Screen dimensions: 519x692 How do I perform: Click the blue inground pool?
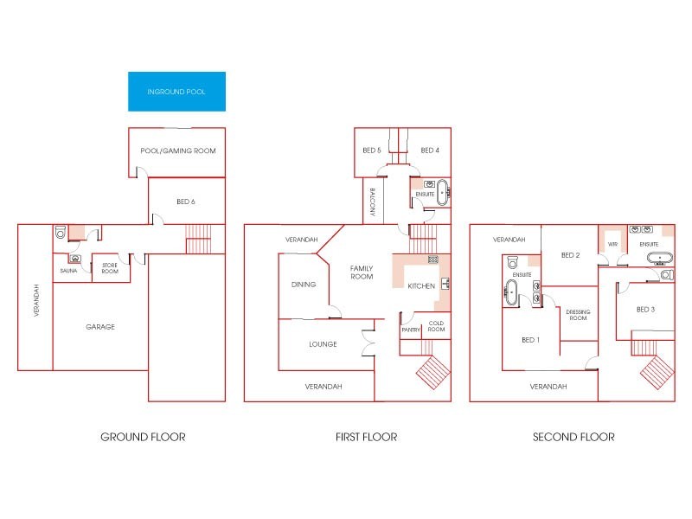(x=176, y=91)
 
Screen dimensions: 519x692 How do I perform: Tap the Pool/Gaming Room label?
(x=177, y=151)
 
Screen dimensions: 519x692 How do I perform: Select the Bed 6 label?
(x=185, y=202)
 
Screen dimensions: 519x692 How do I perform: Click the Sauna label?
(x=69, y=271)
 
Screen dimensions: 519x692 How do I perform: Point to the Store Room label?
(x=109, y=269)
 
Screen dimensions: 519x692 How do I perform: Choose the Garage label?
(x=100, y=327)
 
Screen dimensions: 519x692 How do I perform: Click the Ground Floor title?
(x=143, y=437)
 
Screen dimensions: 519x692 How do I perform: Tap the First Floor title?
(x=366, y=437)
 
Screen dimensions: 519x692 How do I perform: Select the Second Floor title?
(x=574, y=437)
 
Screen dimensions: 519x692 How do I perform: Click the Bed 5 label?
(x=371, y=151)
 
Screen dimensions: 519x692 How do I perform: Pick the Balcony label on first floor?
(x=372, y=202)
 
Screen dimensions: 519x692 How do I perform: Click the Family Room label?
(x=362, y=272)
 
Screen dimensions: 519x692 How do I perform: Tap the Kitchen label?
(x=420, y=285)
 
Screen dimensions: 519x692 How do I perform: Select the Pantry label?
(x=411, y=330)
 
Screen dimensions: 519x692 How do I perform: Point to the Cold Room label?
(x=436, y=326)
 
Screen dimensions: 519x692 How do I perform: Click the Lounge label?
(x=323, y=344)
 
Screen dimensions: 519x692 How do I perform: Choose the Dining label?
(x=304, y=284)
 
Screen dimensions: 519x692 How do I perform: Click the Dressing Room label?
(x=576, y=315)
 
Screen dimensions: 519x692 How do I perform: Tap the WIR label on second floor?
(x=612, y=245)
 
